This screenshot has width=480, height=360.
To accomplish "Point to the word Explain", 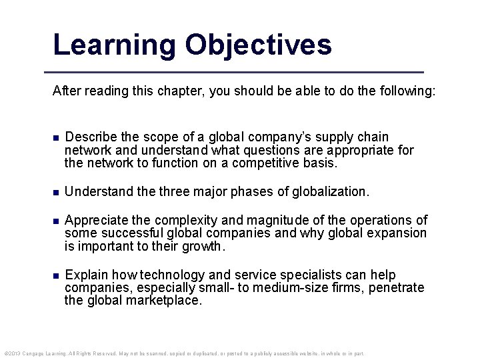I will tap(85, 275).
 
